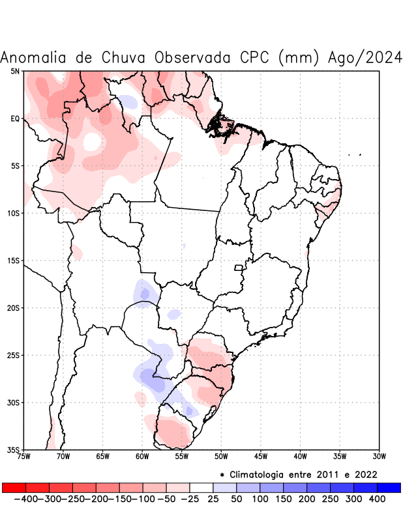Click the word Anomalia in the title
(x=34, y=57)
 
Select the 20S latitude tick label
(x=13, y=308)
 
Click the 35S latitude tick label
(x=13, y=450)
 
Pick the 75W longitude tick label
(x=24, y=457)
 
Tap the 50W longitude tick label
(x=221, y=457)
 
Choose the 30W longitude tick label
(x=379, y=457)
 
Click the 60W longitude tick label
(x=142, y=457)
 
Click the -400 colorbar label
(x=25, y=499)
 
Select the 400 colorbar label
(x=376, y=499)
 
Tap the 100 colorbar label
(x=259, y=499)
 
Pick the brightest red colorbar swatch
(x=14, y=487)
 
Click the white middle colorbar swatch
(x=201, y=487)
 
